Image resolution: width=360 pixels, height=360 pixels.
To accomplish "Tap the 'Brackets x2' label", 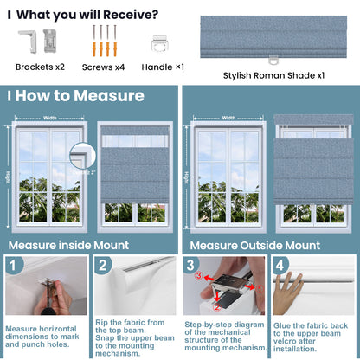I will (40, 67).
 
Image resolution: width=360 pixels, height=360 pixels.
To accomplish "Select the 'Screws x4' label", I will (104, 67).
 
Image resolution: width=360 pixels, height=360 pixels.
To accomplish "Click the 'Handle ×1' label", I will (161, 67).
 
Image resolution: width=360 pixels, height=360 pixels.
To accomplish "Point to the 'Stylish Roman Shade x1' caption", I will (273, 75).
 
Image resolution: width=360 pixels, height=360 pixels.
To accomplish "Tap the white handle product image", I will (160, 42).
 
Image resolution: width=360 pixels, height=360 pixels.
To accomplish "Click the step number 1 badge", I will (15, 265).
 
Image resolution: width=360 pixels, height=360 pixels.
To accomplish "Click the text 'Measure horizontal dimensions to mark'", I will (45, 331).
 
